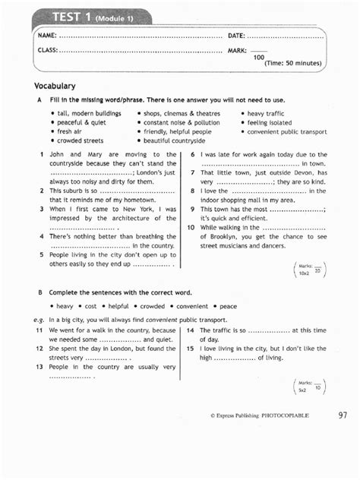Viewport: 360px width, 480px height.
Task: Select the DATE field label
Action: click(236, 36)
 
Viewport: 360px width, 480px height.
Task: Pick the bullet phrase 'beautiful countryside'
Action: click(175, 141)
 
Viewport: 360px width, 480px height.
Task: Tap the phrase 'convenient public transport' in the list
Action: click(286, 131)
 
